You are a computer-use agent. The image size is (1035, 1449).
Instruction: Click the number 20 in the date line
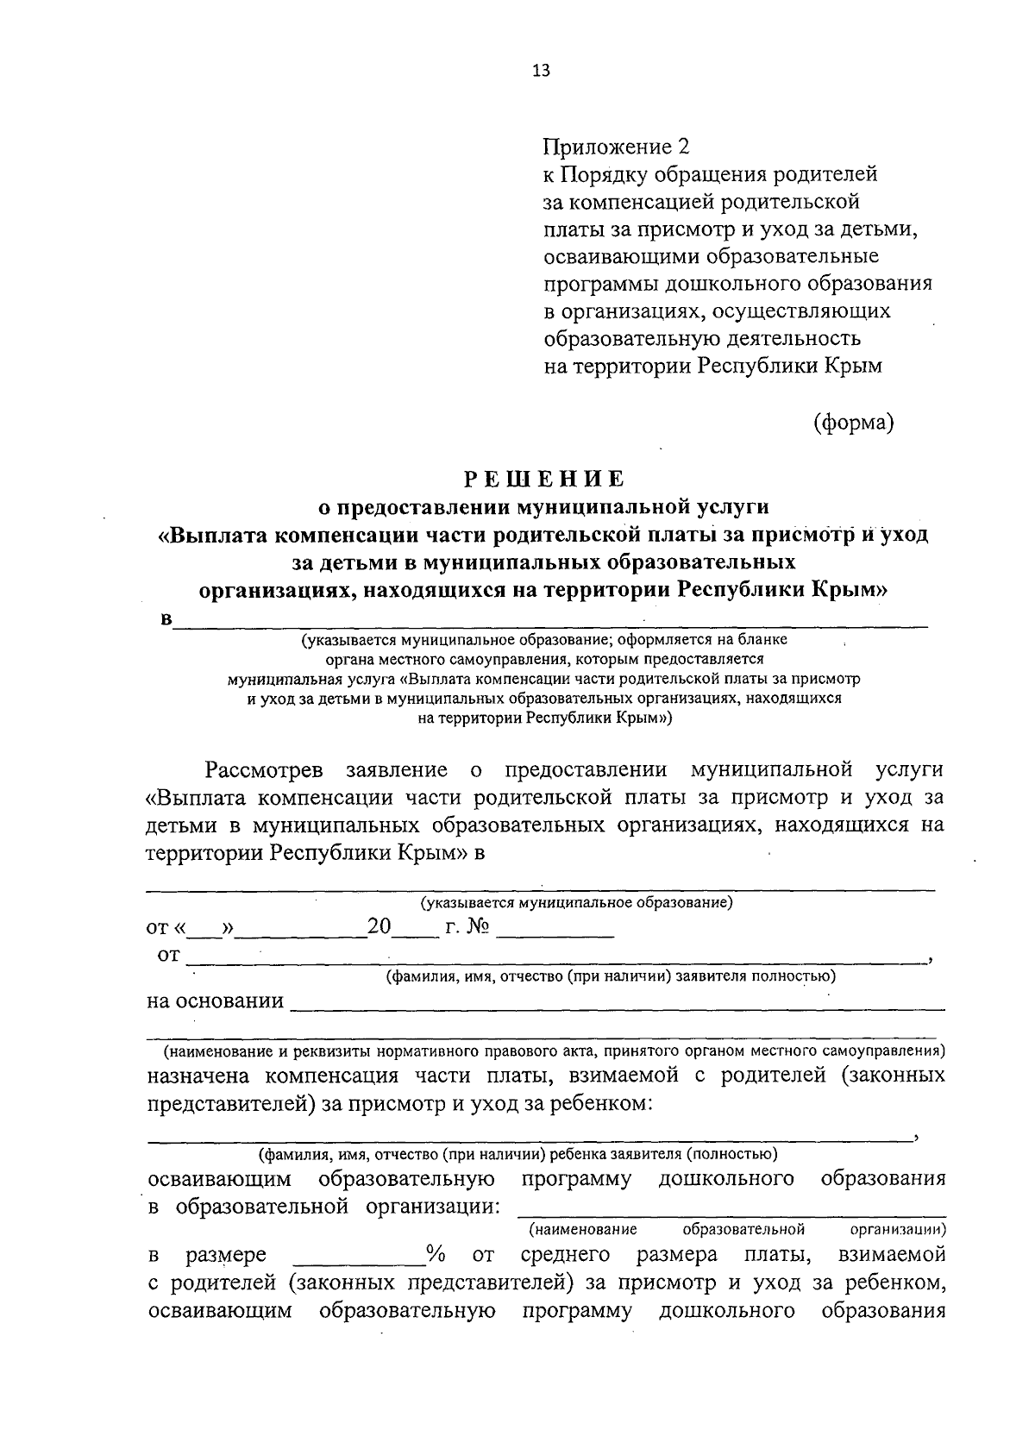(379, 927)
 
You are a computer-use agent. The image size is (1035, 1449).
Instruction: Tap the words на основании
(216, 1000)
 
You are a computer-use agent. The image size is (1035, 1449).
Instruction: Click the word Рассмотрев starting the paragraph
(264, 768)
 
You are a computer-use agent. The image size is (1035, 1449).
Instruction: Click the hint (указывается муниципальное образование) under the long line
(576, 903)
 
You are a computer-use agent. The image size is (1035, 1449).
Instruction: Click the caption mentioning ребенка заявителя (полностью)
(518, 1153)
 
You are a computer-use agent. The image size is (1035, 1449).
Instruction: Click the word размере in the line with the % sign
(226, 1254)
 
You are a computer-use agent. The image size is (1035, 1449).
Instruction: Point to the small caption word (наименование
(583, 1228)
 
